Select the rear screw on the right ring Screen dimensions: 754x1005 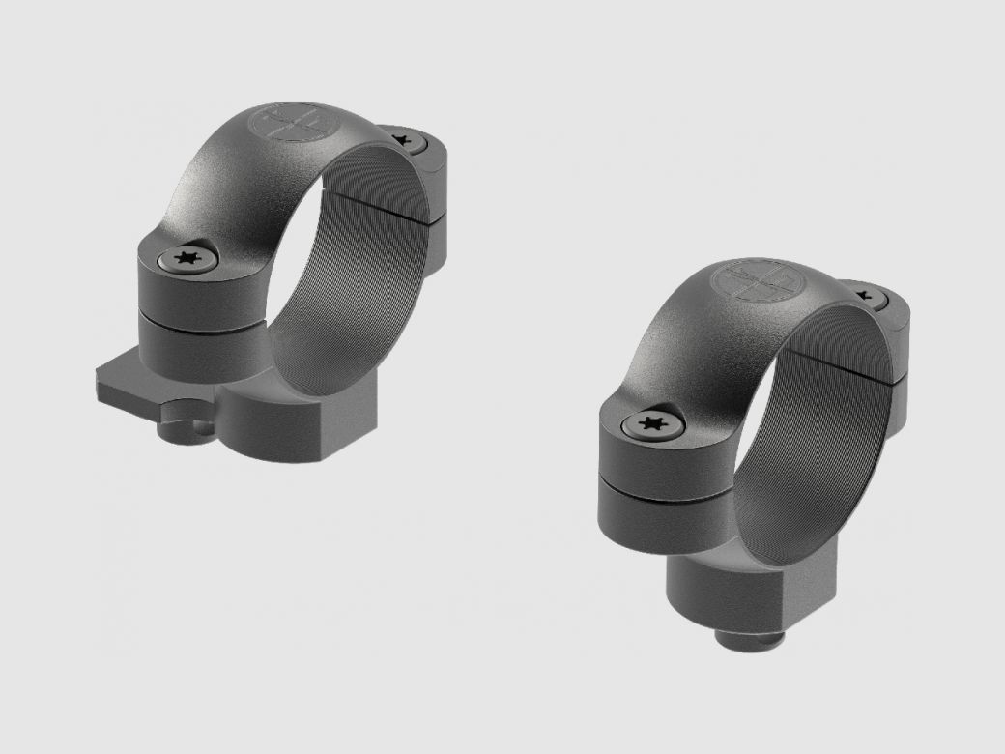(863, 295)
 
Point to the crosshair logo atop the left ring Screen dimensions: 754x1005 (285, 125)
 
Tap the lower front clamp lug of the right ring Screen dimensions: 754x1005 (657, 507)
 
